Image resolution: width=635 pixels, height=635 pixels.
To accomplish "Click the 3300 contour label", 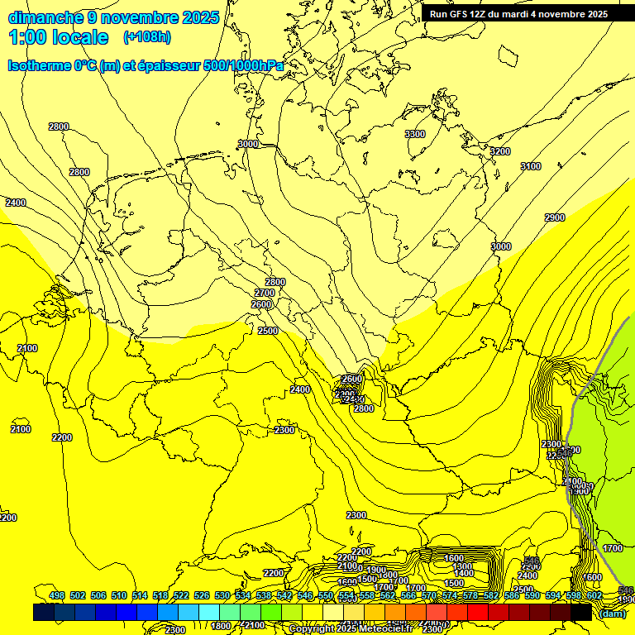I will [415, 134].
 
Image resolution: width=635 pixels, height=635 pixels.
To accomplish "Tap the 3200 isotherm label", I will [499, 151].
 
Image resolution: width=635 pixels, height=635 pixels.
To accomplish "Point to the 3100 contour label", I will [530, 167].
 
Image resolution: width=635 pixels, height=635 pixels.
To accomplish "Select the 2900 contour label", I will [554, 217].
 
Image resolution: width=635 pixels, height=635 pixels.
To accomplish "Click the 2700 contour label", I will [265, 294].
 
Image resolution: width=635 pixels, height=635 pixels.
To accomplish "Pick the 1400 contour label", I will [464, 573].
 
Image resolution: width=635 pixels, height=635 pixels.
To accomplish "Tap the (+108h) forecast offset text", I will [146, 37].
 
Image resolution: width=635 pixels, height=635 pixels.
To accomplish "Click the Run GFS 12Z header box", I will [518, 14].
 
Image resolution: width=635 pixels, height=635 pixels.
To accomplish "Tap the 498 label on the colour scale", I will [57, 595].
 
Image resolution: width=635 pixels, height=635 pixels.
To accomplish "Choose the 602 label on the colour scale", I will [594, 595].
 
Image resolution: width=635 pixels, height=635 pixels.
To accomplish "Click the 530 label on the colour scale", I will [222, 595].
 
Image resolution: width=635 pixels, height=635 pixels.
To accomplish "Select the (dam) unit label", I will [612, 613].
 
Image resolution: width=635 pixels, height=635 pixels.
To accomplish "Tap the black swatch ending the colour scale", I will [581, 612].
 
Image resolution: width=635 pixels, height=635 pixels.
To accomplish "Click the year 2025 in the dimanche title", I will [200, 17].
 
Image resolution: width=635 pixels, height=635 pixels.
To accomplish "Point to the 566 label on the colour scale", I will [408, 595].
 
